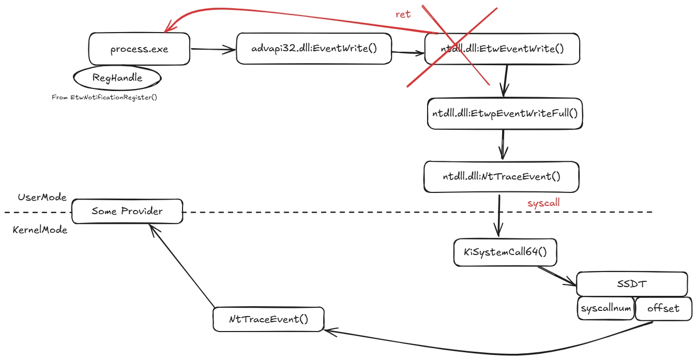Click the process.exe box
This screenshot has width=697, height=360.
click(140, 50)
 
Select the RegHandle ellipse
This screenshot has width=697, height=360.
click(117, 78)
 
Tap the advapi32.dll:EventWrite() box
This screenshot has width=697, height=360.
click(313, 49)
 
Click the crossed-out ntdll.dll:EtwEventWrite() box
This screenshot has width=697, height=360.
click(502, 49)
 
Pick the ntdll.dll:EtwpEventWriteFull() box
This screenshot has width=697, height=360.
click(505, 113)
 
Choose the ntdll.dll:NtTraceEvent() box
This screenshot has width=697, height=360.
click(501, 176)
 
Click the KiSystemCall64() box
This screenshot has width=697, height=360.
click(505, 252)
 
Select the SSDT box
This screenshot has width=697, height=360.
click(631, 284)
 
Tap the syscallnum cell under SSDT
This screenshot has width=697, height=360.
click(605, 309)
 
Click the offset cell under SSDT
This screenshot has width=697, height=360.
click(663, 309)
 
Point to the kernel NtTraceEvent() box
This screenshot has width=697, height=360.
click(268, 319)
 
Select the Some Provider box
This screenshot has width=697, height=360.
click(127, 212)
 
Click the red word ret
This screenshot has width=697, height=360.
click(403, 14)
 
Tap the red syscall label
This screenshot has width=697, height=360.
click(543, 203)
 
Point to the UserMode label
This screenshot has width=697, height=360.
click(42, 198)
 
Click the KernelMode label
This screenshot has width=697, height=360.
click(40, 230)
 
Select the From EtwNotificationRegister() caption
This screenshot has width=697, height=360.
click(104, 97)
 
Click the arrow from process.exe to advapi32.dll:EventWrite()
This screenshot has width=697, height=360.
click(213, 50)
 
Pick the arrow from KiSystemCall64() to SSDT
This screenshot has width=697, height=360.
click(557, 276)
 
